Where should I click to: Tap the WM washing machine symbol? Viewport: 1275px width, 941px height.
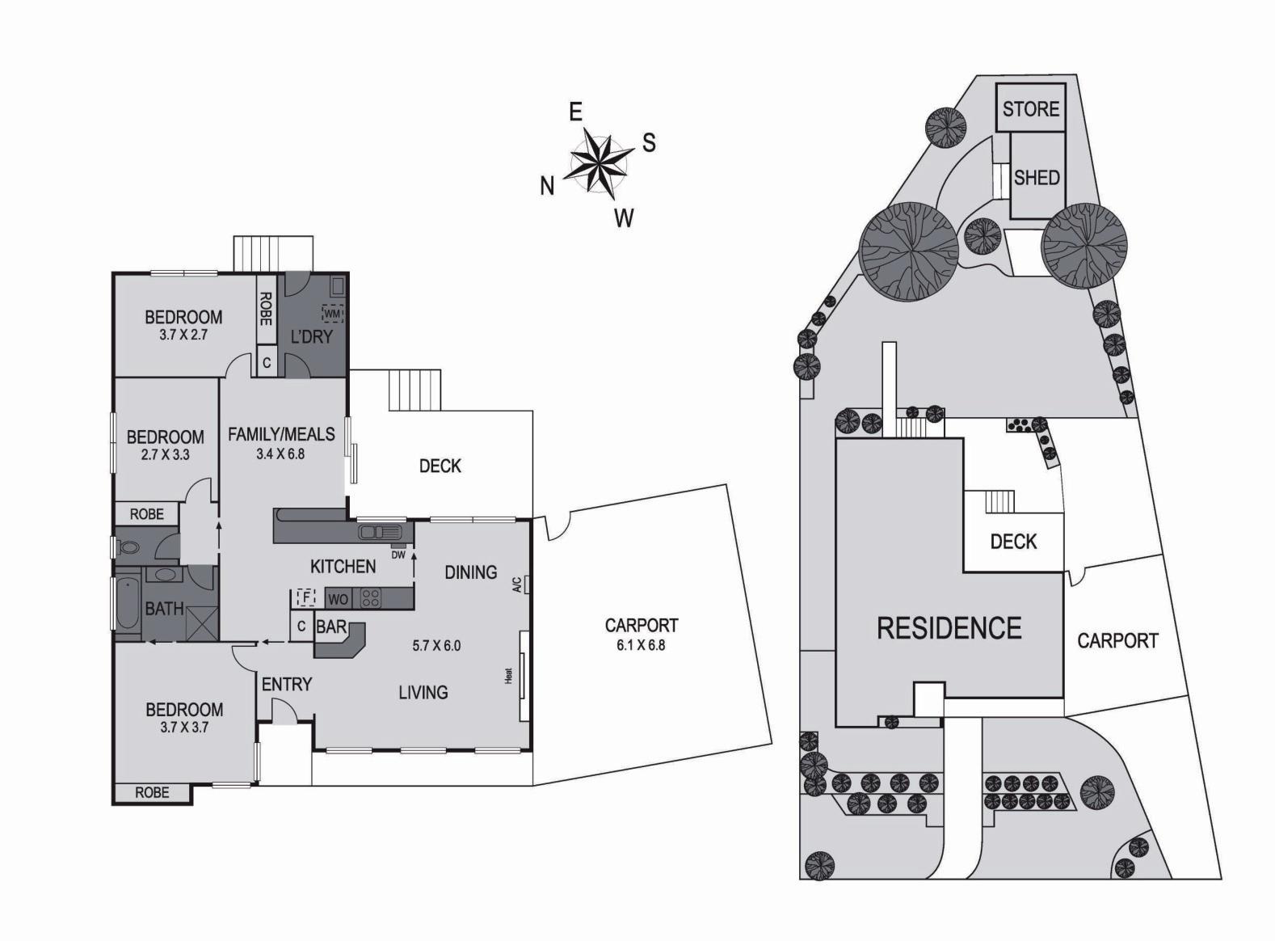click(x=333, y=313)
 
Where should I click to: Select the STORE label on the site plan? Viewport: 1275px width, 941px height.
click(x=1030, y=108)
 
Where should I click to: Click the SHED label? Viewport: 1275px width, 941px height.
click(x=1037, y=177)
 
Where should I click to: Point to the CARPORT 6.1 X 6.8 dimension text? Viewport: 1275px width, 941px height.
click(x=642, y=645)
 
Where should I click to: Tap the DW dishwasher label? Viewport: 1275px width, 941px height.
click(x=398, y=555)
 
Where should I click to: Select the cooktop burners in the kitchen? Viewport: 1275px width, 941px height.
click(x=370, y=598)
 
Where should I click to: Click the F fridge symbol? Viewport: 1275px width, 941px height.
click(x=305, y=597)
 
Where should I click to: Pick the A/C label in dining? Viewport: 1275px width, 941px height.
click(x=516, y=584)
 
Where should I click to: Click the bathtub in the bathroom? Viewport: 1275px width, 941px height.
click(x=128, y=605)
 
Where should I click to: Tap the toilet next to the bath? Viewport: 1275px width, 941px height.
click(x=129, y=547)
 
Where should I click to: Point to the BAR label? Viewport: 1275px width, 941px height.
click(x=331, y=627)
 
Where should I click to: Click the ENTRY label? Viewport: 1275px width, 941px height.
click(x=286, y=684)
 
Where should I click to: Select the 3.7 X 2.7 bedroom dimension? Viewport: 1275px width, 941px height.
click(x=183, y=334)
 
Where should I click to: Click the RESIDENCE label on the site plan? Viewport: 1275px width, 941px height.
click(x=949, y=627)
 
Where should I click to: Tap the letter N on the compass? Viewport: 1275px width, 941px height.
click(x=547, y=187)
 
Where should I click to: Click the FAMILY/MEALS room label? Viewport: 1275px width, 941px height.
click(x=281, y=434)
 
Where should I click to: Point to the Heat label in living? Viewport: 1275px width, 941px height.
click(x=509, y=675)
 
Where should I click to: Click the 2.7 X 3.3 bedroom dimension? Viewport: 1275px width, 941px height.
click(x=165, y=454)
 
